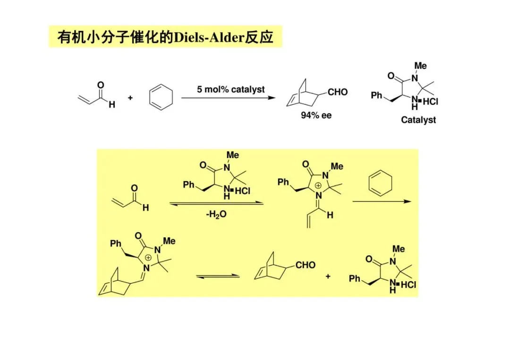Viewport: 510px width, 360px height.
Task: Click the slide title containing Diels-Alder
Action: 165,36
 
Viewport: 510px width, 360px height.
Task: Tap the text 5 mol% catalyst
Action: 231,89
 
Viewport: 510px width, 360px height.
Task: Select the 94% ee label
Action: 316,115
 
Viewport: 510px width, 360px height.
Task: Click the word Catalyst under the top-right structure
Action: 418,120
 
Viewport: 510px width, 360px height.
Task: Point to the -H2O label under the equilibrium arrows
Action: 217,214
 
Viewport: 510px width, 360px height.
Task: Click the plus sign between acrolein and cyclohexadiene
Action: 130,98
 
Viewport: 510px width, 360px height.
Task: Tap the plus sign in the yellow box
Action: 328,276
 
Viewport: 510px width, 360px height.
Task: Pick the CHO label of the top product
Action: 337,92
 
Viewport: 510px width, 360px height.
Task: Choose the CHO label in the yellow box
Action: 305,265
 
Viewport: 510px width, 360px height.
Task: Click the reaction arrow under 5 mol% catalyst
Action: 228,98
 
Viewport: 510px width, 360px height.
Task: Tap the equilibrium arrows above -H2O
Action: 216,203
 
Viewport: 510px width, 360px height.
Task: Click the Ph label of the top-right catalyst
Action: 376,95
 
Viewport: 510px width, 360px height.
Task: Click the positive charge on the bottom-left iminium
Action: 148,258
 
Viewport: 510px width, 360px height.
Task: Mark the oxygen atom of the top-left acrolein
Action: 100,85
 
